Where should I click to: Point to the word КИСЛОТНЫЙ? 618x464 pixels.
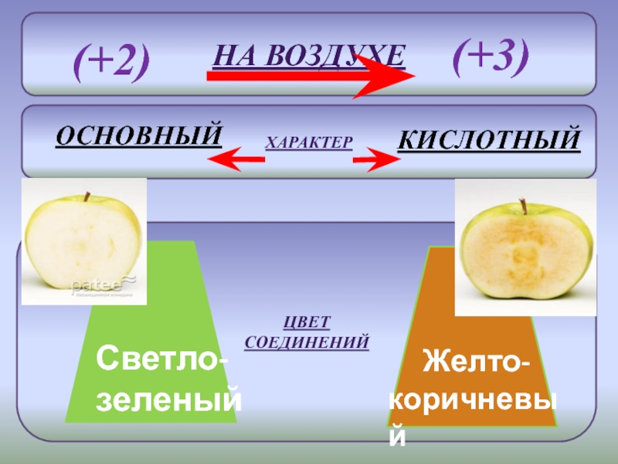pos(488,140)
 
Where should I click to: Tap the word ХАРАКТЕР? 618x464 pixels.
pos(309,142)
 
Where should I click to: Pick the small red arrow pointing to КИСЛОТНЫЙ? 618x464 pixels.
pos(376,160)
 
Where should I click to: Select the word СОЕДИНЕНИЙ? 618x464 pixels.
pos(307,341)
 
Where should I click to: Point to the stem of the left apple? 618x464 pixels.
pos(87,196)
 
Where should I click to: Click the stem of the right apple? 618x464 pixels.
pos(524,206)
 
